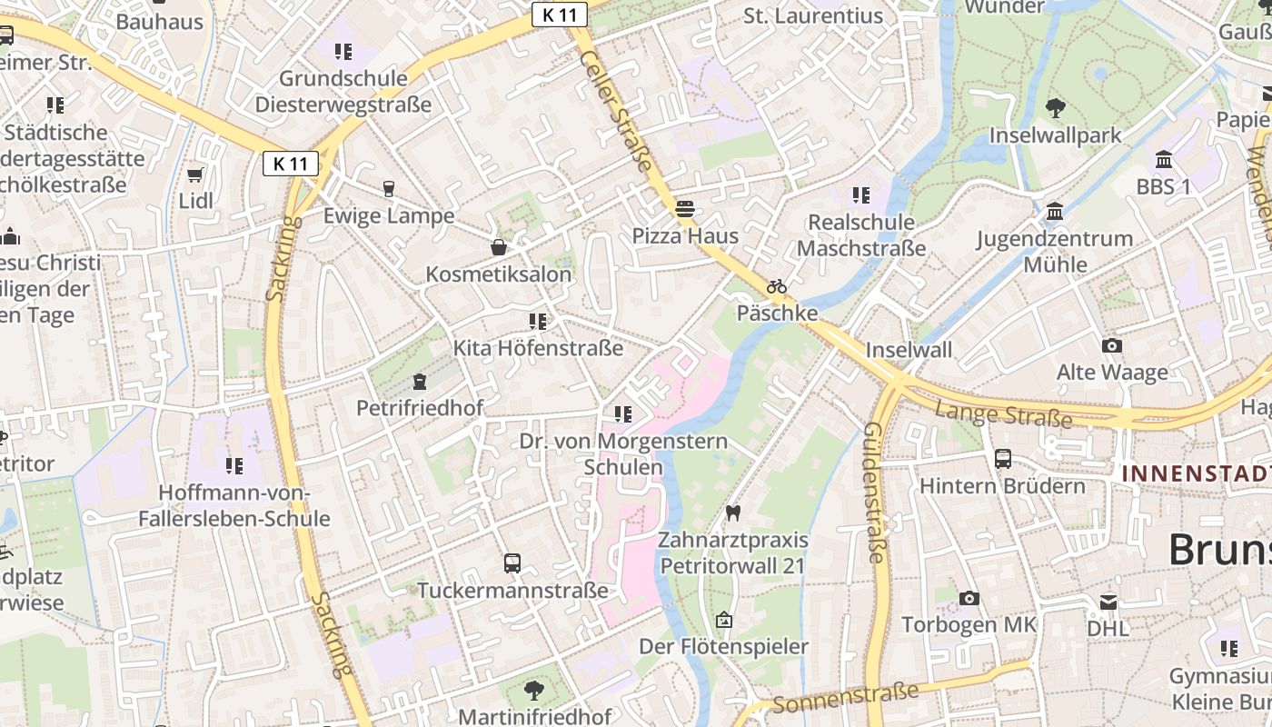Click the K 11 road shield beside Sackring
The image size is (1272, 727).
(291, 164)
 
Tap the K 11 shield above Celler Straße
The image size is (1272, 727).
(560, 15)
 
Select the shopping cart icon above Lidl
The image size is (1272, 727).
(194, 174)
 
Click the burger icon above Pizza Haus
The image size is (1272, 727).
(685, 209)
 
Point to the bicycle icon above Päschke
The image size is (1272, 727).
(776, 286)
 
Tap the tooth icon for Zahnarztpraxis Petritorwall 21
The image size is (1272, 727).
(733, 513)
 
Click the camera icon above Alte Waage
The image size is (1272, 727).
(1111, 345)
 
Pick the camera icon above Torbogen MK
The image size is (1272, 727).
(969, 598)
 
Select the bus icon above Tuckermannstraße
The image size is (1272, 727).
(512, 563)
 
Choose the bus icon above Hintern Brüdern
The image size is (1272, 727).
(1003, 459)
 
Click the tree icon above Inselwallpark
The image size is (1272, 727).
(1055, 108)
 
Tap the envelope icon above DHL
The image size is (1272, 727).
(1108, 602)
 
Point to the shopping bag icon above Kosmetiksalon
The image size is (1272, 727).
(499, 247)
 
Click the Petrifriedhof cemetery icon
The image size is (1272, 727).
(420, 381)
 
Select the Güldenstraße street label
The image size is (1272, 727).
(874, 492)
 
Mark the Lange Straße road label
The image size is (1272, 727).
(1003, 414)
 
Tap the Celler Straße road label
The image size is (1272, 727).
(617, 112)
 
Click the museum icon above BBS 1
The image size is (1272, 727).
(1163, 161)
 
